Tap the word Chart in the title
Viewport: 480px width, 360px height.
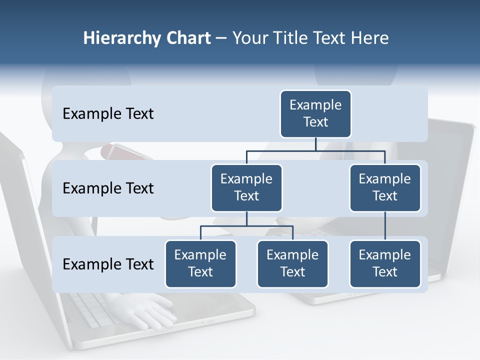[187, 38]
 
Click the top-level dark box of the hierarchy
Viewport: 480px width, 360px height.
[315, 113]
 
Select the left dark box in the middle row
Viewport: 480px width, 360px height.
[246, 187]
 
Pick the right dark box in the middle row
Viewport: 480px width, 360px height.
[385, 187]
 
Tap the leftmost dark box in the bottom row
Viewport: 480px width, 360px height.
[200, 263]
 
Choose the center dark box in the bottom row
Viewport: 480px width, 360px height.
[292, 263]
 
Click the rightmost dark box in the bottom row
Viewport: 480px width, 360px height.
[385, 263]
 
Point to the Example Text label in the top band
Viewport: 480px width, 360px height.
[108, 114]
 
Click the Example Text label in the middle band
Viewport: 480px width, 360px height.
[108, 188]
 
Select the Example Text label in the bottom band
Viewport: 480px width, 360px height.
[108, 264]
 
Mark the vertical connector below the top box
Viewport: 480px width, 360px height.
[315, 144]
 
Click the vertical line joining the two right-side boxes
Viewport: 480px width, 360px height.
[385, 226]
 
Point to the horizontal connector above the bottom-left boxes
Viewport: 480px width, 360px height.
[246, 226]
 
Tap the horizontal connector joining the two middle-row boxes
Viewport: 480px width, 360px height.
[315, 150]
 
